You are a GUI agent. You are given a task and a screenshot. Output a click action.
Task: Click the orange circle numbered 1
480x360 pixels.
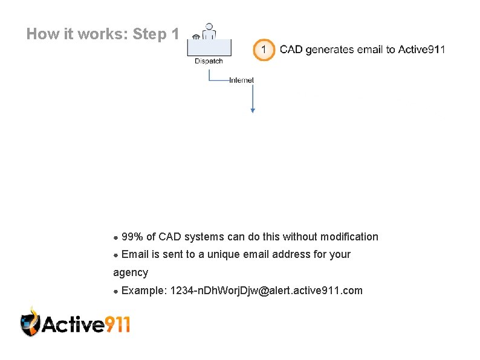[x=264, y=50]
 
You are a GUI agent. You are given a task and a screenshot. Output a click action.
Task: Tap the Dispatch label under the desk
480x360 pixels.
[x=209, y=61]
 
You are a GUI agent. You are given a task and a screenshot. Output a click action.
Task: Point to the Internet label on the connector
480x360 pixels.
[x=241, y=80]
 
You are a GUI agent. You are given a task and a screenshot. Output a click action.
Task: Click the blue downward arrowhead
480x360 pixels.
[x=253, y=109]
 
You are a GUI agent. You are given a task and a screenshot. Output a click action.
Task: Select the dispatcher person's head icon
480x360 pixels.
[x=209, y=27]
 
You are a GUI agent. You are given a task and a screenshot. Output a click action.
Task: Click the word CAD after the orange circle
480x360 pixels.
[x=291, y=50]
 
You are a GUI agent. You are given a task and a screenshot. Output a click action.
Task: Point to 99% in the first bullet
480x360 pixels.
[x=132, y=237]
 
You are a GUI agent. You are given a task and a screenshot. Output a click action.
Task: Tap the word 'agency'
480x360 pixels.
[x=131, y=272]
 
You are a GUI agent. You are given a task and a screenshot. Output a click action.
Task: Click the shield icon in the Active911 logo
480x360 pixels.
[x=30, y=321]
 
